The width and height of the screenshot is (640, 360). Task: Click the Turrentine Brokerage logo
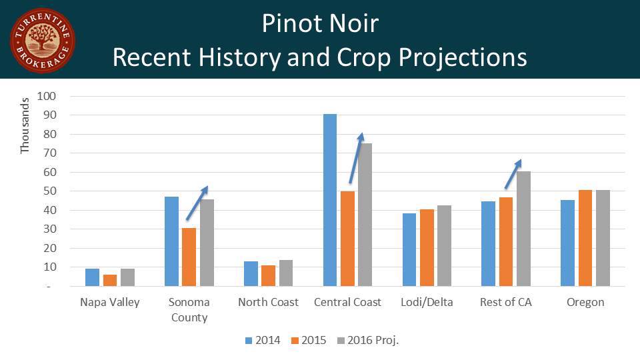[43, 41]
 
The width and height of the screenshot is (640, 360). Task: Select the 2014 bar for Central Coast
[330, 200]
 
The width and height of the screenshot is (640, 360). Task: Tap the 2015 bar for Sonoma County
[189, 257]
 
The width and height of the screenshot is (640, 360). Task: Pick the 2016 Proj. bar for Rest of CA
[524, 229]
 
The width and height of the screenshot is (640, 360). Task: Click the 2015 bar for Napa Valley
[110, 281]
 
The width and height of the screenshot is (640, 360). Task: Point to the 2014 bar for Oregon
[567, 243]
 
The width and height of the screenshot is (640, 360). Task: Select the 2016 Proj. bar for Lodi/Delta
[445, 246]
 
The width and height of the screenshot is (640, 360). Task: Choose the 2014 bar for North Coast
[251, 273]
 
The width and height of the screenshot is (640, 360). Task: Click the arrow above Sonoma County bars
[197, 203]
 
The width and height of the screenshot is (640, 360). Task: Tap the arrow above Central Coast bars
[356, 159]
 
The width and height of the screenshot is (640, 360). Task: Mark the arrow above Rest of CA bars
[513, 174]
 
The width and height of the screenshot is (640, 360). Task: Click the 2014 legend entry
[263, 340]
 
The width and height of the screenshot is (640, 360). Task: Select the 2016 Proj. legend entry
[368, 340]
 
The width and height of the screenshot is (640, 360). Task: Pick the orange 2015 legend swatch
[295, 341]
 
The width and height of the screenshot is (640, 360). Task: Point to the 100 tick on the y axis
[46, 96]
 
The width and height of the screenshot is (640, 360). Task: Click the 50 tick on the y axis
[50, 191]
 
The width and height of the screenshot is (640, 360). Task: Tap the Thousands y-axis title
[25, 126]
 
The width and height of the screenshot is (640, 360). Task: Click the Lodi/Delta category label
[427, 302]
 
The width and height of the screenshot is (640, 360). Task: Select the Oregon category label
[585, 303]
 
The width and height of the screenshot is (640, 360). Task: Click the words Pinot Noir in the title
[320, 23]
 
